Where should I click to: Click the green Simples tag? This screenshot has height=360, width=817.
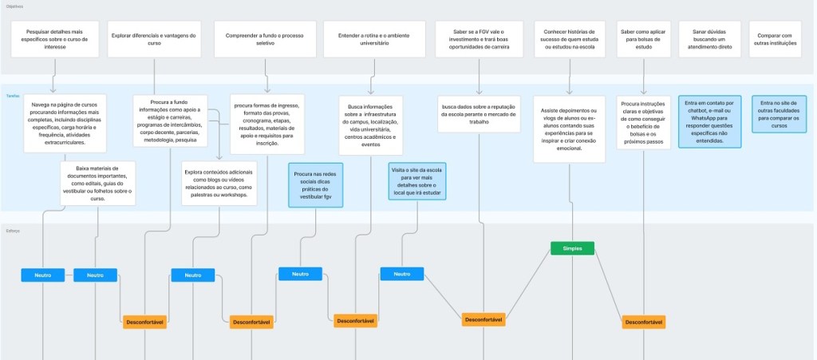point(572,248)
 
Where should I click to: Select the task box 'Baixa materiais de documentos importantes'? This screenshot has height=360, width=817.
point(98,184)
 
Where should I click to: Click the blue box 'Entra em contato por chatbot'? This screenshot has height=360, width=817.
point(709,121)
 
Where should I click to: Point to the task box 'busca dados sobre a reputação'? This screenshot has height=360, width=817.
point(479,114)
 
